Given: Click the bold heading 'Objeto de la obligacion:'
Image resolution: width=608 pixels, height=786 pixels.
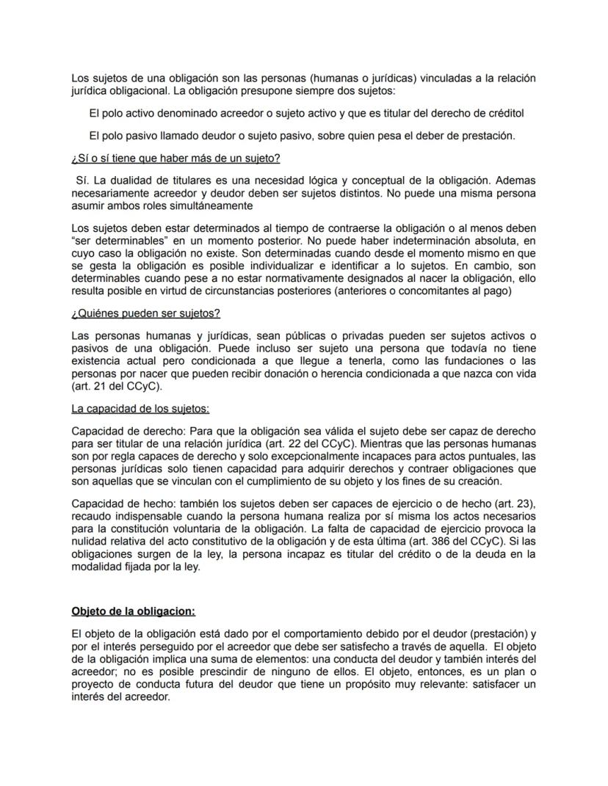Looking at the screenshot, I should coord(133,611).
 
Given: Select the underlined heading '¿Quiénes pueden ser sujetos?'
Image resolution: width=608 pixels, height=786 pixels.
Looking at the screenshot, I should coord(145,313).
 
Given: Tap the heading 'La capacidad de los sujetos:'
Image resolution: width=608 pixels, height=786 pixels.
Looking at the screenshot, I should coord(140,409).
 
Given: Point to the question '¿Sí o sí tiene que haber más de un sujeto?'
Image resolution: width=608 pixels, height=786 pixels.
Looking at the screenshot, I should coord(175,159).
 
